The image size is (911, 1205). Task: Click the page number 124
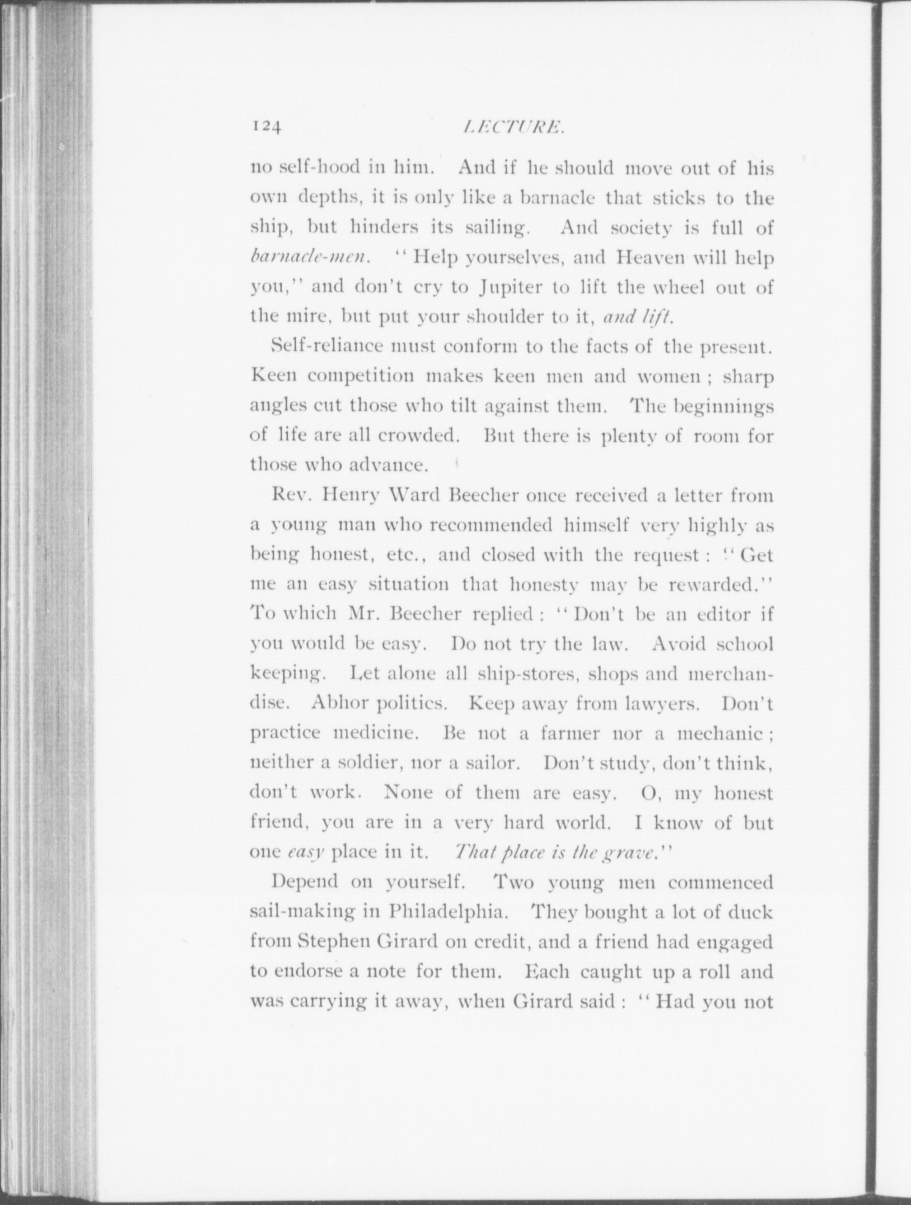click(x=265, y=127)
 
